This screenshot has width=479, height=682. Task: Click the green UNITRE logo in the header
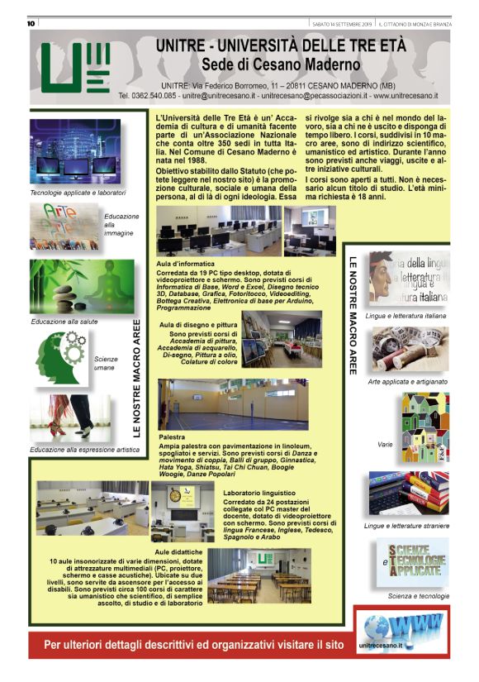(x=76, y=69)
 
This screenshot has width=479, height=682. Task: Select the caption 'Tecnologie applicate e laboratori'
(x=78, y=192)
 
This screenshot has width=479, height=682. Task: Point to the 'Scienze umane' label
(x=106, y=365)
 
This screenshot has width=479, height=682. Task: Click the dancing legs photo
(x=70, y=418)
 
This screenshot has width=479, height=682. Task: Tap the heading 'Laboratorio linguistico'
(x=263, y=494)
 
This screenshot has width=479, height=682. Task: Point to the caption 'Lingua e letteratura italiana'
(x=405, y=316)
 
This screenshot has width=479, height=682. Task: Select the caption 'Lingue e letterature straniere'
(x=405, y=526)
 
